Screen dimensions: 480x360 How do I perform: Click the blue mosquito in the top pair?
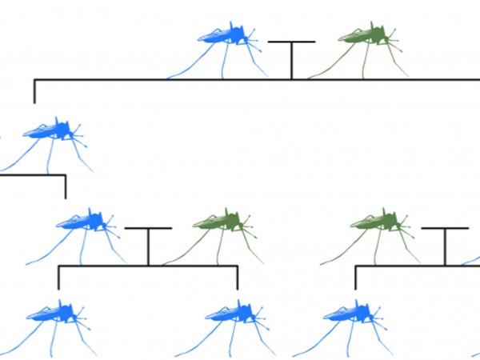pyautogui.click(x=224, y=37)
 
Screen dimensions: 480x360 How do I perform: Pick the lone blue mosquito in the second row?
pyautogui.click(x=52, y=131)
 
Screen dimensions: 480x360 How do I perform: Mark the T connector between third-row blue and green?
pyautogui.click(x=148, y=244)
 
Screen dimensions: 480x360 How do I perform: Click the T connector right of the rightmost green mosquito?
pyautogui.click(x=445, y=244)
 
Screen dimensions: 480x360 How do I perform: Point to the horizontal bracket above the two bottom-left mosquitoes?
pyautogui.click(x=148, y=266)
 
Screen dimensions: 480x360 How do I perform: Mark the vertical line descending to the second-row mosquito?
pyautogui.click(x=34, y=92)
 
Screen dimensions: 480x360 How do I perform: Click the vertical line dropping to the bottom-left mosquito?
pyautogui.click(x=58, y=278)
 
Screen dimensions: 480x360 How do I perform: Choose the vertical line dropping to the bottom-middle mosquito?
pyautogui.click(x=238, y=278)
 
